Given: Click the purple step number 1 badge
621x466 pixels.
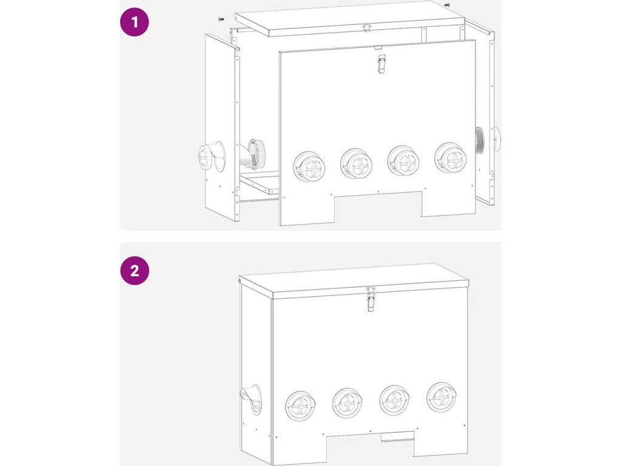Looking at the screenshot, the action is click(x=134, y=22).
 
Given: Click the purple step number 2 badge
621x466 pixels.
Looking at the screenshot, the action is click(x=134, y=271).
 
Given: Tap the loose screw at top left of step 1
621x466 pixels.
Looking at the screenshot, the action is click(x=221, y=19).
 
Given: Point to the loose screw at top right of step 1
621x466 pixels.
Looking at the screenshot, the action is click(x=447, y=5).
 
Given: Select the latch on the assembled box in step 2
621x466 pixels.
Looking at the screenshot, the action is click(x=371, y=300).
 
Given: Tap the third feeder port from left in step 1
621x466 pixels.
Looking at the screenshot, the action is click(x=403, y=161).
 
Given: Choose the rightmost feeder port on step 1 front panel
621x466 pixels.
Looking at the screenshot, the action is click(x=451, y=158).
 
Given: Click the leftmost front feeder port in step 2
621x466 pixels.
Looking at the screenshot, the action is click(x=301, y=407).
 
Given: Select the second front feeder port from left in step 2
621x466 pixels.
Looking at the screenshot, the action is click(x=347, y=404).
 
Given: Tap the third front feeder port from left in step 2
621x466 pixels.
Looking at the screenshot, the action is click(x=394, y=400).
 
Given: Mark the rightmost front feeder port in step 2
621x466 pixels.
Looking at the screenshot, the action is click(x=441, y=397).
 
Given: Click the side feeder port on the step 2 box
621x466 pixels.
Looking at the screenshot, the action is click(x=252, y=399).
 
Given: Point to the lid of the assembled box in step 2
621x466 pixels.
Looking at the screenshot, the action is click(x=354, y=281).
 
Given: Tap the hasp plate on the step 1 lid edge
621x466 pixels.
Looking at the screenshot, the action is click(x=367, y=28).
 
